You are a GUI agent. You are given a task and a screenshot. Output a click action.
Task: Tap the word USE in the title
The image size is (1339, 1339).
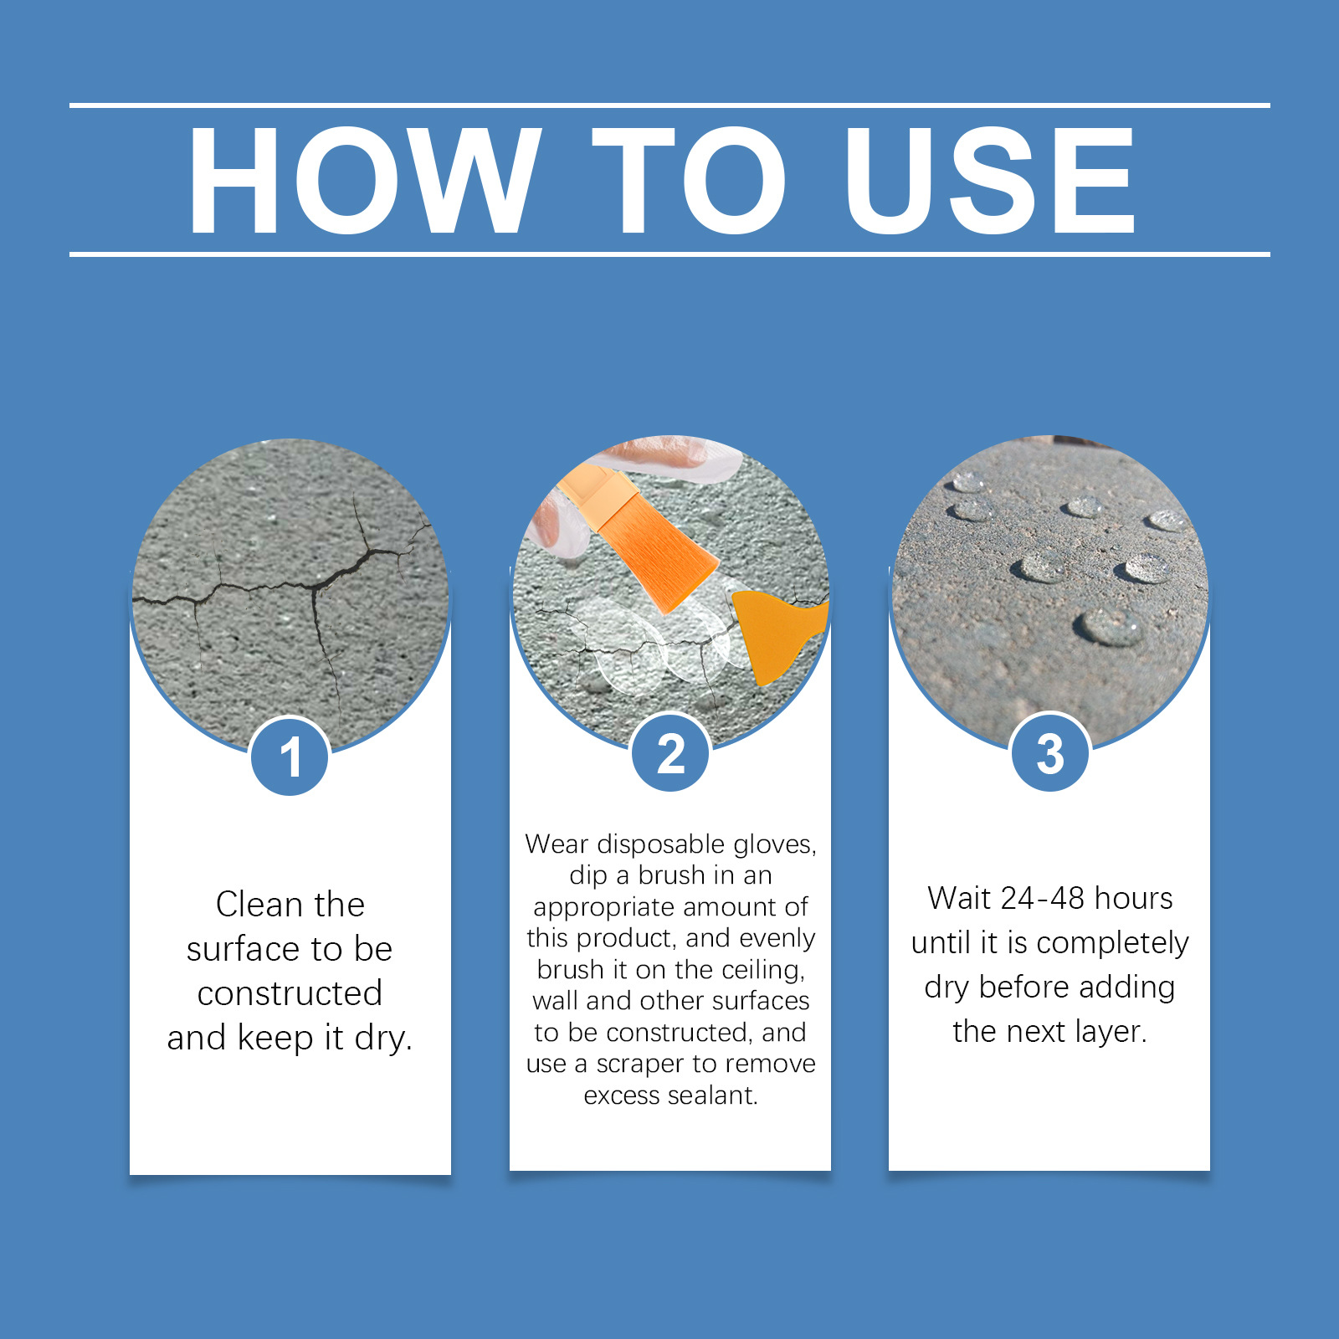click(990, 181)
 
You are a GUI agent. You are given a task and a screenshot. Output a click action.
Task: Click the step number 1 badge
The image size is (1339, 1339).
click(290, 757)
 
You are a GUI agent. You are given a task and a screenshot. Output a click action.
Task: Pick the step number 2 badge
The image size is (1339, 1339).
click(670, 752)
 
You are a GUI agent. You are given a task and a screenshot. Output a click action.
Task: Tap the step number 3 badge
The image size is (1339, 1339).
click(1050, 752)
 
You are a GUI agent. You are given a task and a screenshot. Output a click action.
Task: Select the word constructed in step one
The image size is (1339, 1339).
click(290, 993)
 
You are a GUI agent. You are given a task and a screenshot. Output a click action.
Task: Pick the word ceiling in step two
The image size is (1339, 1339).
click(762, 970)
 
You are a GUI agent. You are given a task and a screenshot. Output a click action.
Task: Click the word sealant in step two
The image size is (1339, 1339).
click(716, 1095)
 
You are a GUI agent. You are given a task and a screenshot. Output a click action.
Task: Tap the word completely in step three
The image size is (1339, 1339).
click(1112, 944)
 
